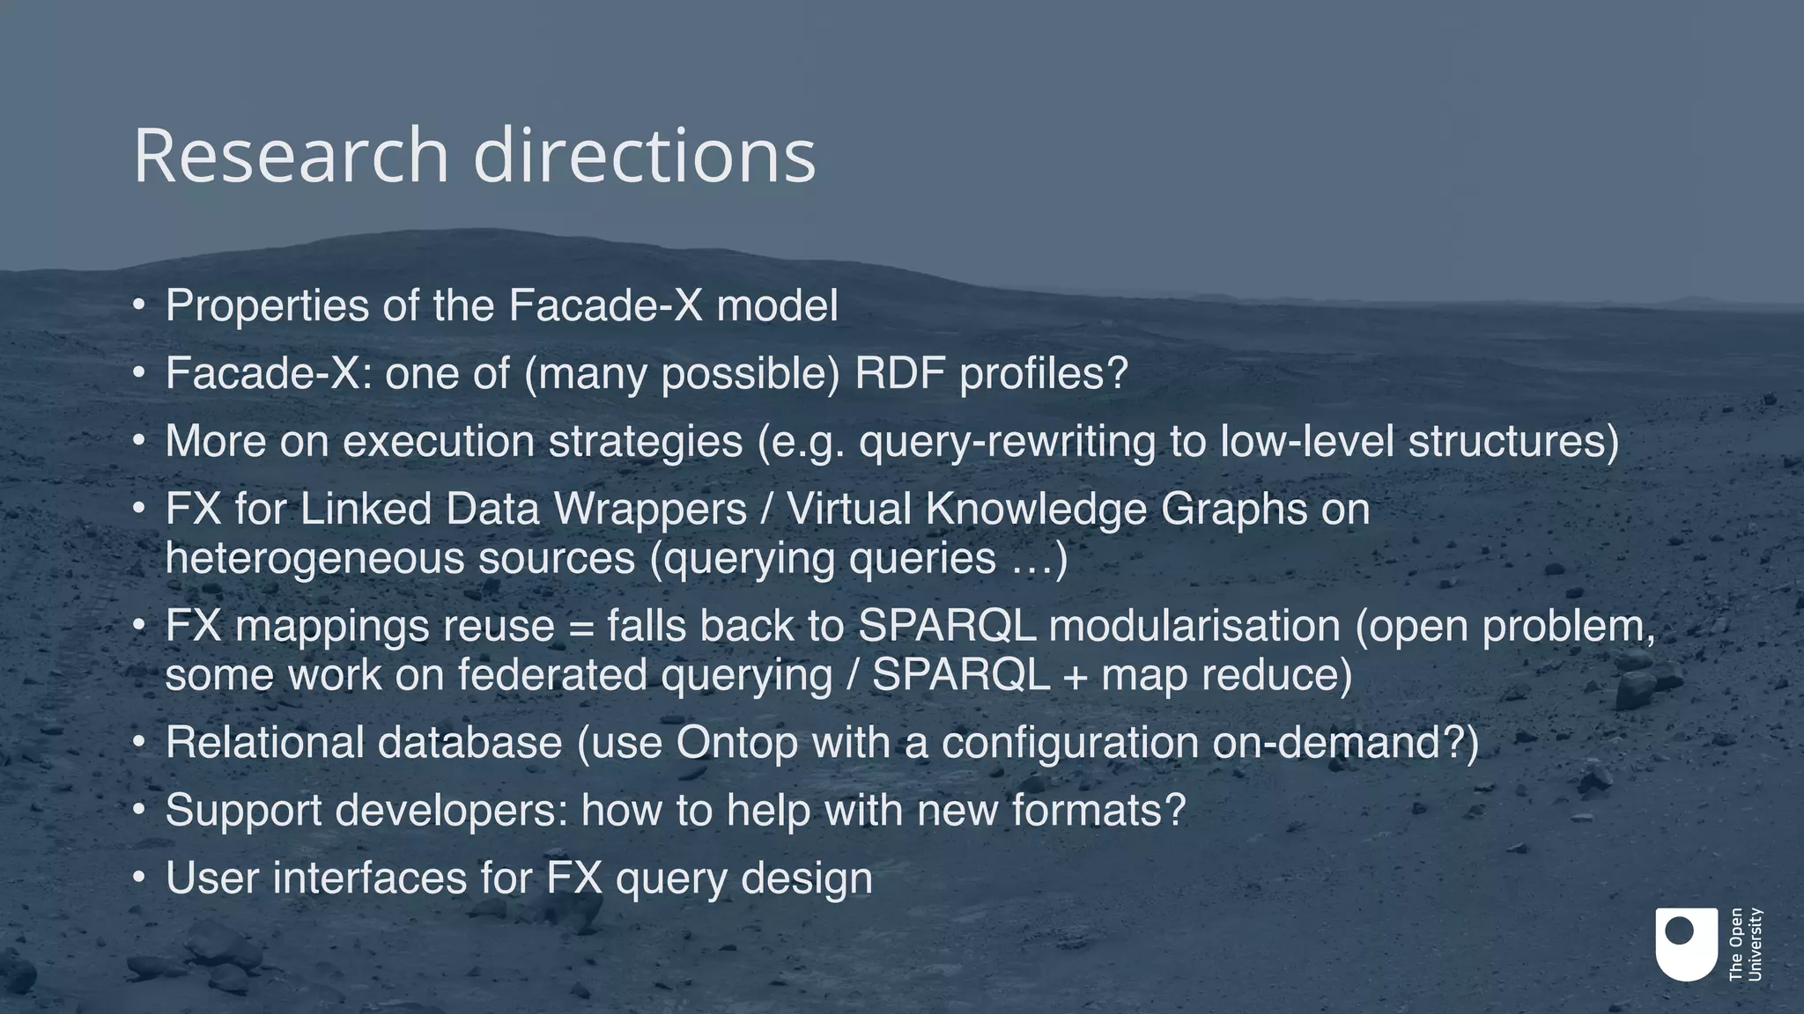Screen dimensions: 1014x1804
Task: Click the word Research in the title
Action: click(292, 156)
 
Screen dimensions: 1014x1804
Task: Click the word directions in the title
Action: click(644, 156)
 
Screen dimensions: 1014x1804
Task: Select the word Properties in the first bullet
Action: click(267, 306)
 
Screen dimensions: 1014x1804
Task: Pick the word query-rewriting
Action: click(1007, 441)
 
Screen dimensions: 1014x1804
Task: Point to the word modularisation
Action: click(1194, 626)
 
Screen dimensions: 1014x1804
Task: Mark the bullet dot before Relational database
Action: click(138, 743)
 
